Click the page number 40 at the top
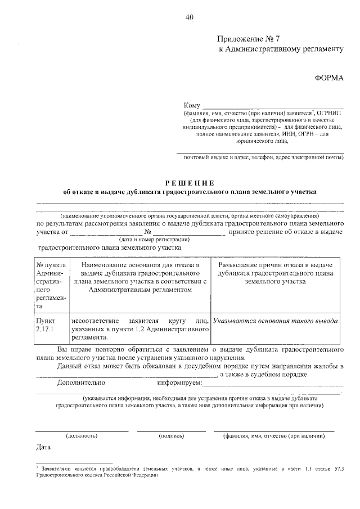(x=188, y=17)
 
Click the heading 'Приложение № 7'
(x=248, y=39)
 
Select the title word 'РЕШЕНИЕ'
(x=190, y=182)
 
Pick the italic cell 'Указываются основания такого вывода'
(x=276, y=321)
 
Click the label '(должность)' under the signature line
(x=82, y=435)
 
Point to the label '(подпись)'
(x=171, y=435)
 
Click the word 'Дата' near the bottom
(x=43, y=448)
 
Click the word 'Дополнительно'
(x=82, y=382)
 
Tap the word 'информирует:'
(x=180, y=382)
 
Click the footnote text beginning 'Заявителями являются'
(x=191, y=471)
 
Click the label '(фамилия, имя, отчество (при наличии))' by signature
(x=274, y=435)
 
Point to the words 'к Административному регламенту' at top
(x=280, y=49)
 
